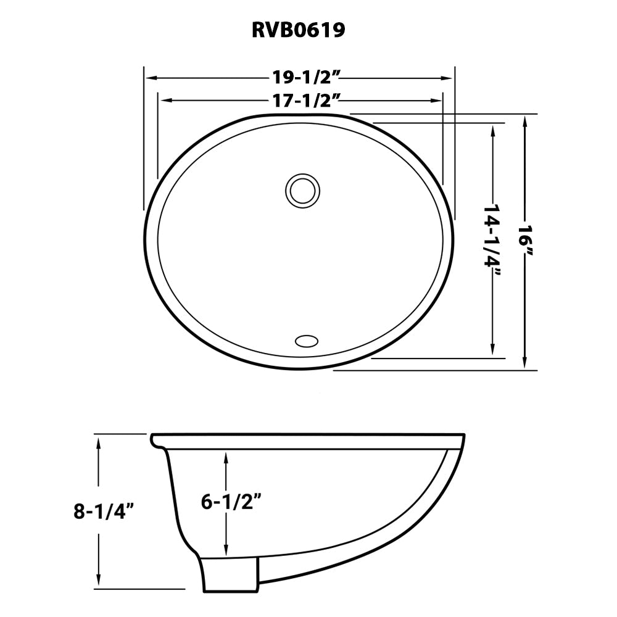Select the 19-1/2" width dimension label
[307, 78]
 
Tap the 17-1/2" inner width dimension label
[307, 99]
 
